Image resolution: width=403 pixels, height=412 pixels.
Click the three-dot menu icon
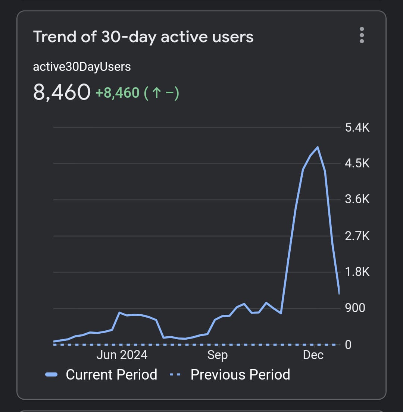[361, 35]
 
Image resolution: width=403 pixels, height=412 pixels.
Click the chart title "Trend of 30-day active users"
[143, 37]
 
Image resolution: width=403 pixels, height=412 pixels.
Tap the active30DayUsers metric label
[82, 67]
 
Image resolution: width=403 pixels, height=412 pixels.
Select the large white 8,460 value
[62, 92]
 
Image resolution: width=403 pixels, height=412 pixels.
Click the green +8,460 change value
[118, 92]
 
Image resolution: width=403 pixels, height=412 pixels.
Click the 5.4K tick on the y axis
[357, 128]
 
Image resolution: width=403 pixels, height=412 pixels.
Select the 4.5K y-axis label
[357, 163]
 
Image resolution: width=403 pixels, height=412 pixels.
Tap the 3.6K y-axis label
[357, 199]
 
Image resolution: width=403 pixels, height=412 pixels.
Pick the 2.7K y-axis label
[357, 236]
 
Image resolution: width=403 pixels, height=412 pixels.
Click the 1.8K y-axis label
[357, 271]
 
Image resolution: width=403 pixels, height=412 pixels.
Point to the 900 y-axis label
[355, 308]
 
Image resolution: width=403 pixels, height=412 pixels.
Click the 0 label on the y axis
[348, 344]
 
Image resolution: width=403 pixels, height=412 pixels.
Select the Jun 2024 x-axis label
[122, 355]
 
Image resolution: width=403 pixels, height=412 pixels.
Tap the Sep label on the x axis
[217, 355]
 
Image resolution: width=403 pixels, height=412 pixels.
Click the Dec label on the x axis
[313, 355]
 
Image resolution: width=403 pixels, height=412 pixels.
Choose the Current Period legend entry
[111, 374]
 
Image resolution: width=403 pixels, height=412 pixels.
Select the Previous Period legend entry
[240, 374]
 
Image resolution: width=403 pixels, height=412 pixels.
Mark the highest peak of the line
[317, 147]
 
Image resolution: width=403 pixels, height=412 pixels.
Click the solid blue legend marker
[51, 375]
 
